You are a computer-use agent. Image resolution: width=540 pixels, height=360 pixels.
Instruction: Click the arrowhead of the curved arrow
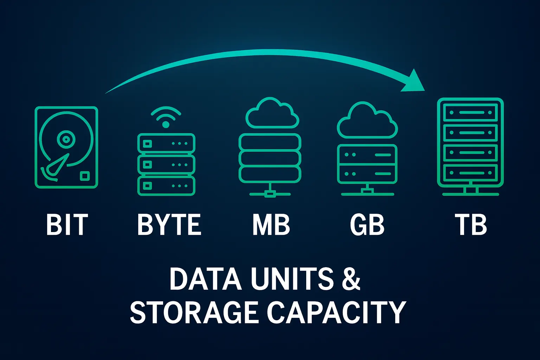415,82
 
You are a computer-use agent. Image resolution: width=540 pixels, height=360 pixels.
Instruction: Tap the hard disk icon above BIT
66,148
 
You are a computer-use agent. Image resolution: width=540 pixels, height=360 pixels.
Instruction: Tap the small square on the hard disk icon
85,176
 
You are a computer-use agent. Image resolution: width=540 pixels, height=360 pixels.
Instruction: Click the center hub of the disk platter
65,140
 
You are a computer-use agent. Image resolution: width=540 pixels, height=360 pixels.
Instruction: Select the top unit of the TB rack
470,113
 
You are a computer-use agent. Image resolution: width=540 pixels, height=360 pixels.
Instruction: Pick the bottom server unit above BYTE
166,186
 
